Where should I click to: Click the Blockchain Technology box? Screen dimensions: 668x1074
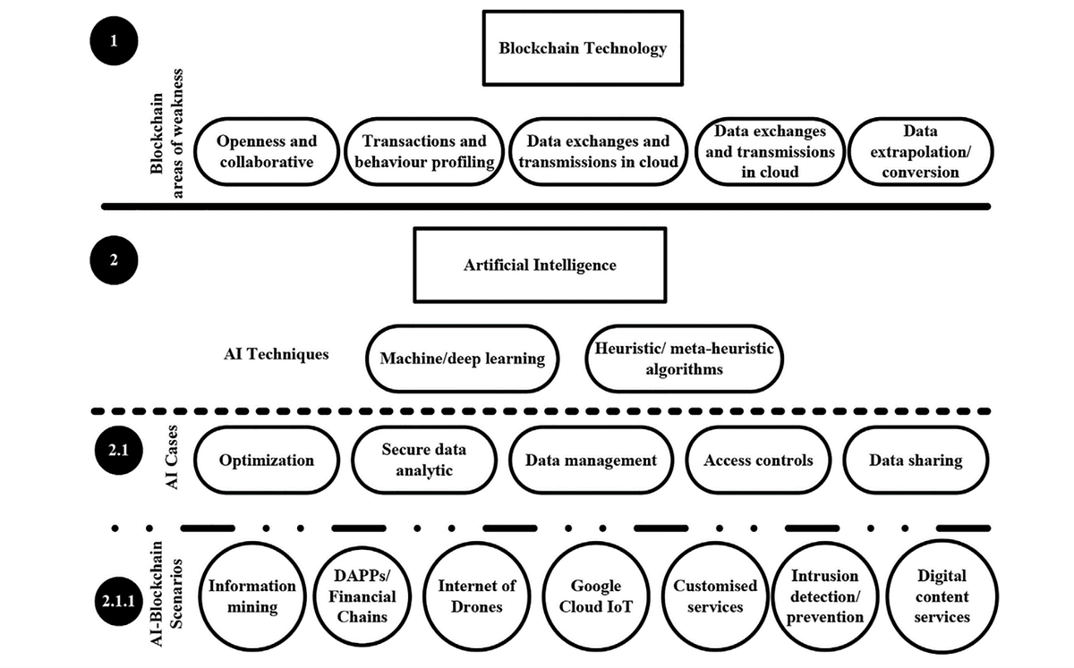click(583, 48)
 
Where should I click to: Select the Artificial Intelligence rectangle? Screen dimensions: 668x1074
click(540, 265)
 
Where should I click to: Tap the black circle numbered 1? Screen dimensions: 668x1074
click(112, 42)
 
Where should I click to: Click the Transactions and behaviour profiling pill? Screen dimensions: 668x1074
click(424, 152)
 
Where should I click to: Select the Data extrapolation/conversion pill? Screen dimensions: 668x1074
click(920, 152)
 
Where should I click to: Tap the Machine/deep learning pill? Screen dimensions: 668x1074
click(462, 359)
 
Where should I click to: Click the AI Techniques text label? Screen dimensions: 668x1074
click(276, 354)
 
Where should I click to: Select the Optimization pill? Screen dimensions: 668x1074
click(267, 461)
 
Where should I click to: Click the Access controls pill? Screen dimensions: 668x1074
click(758, 461)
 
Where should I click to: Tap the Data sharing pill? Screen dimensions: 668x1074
click(916, 461)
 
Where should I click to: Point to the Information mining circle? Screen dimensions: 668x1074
click(252, 596)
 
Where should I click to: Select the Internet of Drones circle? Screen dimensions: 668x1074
click(476, 596)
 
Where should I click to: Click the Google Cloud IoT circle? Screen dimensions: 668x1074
click(596, 596)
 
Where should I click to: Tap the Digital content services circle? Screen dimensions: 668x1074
click(942, 596)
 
